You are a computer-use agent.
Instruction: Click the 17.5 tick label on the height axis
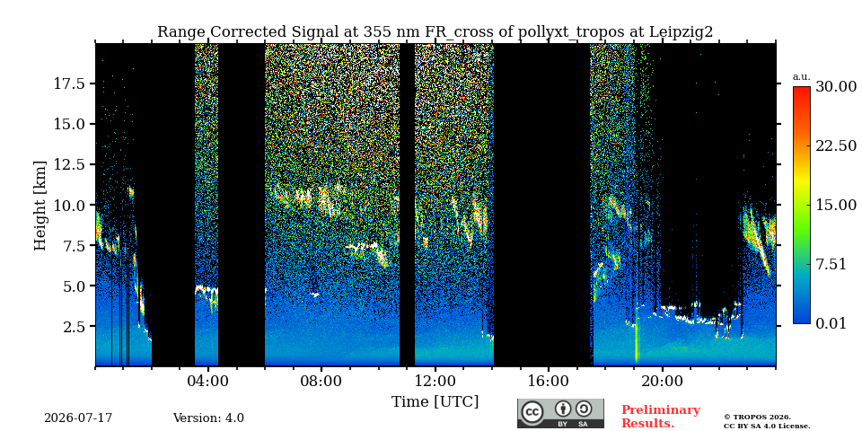coord(69,84)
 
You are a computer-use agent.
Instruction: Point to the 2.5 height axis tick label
coord(73,326)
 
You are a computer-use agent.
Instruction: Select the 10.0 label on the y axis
coord(69,205)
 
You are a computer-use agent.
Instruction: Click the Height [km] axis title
coord(40,206)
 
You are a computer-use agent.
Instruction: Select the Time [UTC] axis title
coord(435,402)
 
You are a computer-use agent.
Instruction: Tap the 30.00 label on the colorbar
coord(836,87)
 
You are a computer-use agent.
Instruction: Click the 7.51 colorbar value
coord(832,264)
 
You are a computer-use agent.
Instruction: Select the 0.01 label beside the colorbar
coord(832,323)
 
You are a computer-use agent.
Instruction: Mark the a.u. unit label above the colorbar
coord(802,77)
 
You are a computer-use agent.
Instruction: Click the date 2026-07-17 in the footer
coord(78,418)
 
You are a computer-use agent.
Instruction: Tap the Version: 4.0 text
coord(208,418)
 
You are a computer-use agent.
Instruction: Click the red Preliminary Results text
coord(661,416)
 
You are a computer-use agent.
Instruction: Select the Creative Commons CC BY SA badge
coord(560,413)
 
